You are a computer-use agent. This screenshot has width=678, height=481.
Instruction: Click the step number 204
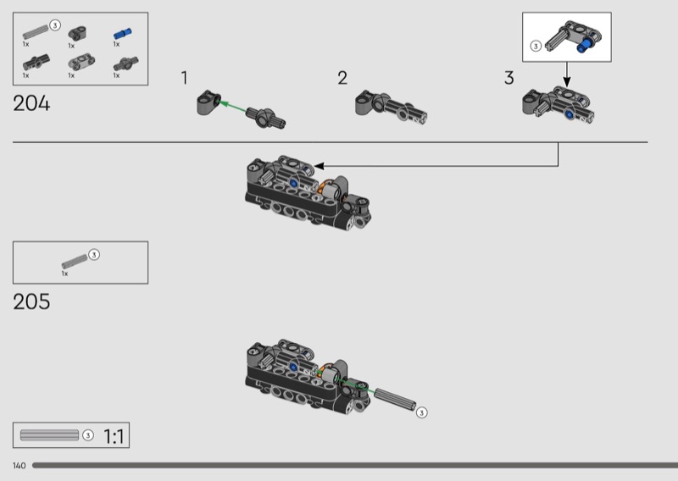click(x=31, y=104)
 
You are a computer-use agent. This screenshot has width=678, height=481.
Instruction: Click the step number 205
click(x=31, y=301)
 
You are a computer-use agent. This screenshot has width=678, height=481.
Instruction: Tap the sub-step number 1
click(x=184, y=79)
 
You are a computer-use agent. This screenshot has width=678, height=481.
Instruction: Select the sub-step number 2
click(x=342, y=79)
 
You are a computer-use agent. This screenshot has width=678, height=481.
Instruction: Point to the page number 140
click(x=19, y=466)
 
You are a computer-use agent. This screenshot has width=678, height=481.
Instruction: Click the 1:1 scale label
click(x=114, y=437)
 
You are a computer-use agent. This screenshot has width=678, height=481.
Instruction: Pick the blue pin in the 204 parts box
click(x=123, y=35)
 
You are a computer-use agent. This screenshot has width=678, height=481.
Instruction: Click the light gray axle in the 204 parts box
click(x=36, y=31)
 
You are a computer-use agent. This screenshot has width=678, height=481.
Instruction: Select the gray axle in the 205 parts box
click(x=74, y=260)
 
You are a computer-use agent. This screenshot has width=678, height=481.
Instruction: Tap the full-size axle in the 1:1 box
click(x=49, y=435)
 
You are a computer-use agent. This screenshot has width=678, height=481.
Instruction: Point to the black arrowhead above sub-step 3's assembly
click(x=567, y=83)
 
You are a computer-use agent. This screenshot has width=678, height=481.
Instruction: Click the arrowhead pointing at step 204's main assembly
click(x=319, y=166)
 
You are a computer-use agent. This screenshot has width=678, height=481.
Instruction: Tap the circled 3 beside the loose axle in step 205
click(x=422, y=412)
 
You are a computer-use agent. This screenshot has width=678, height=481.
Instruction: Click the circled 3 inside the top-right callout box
click(x=536, y=47)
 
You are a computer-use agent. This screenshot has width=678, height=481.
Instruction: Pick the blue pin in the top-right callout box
click(x=583, y=48)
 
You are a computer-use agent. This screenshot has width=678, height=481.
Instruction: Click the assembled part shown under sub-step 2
click(x=390, y=108)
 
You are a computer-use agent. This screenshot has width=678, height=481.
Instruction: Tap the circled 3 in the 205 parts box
click(x=94, y=254)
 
